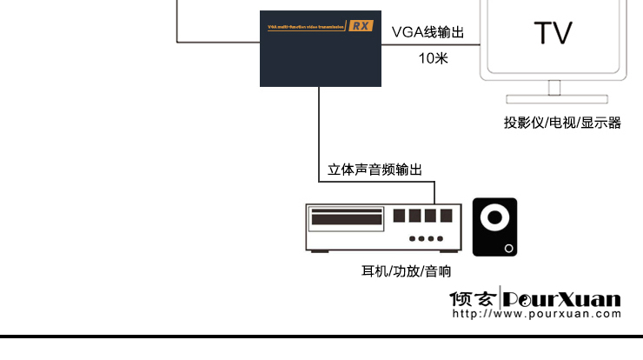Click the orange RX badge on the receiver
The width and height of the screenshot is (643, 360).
(361, 25)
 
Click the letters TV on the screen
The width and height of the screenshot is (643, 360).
(553, 33)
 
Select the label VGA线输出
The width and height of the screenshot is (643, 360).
(428, 32)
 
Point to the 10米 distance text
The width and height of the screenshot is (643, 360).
(432, 58)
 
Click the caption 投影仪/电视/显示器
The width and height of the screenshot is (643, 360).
(562, 123)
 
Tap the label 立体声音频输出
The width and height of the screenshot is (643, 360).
(375, 170)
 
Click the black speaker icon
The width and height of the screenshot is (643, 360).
(494, 227)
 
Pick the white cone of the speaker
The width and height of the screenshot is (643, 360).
(495, 219)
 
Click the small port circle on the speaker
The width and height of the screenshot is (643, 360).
(509, 249)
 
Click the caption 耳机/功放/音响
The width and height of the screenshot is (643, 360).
(406, 271)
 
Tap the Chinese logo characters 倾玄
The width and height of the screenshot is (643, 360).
(473, 298)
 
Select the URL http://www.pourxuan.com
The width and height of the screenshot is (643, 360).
(537, 313)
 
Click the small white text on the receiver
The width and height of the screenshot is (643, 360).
(305, 26)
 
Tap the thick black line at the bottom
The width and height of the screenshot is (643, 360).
(321, 336)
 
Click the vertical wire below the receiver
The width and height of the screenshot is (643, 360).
(320, 130)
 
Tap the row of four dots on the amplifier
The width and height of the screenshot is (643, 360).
(425, 237)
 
